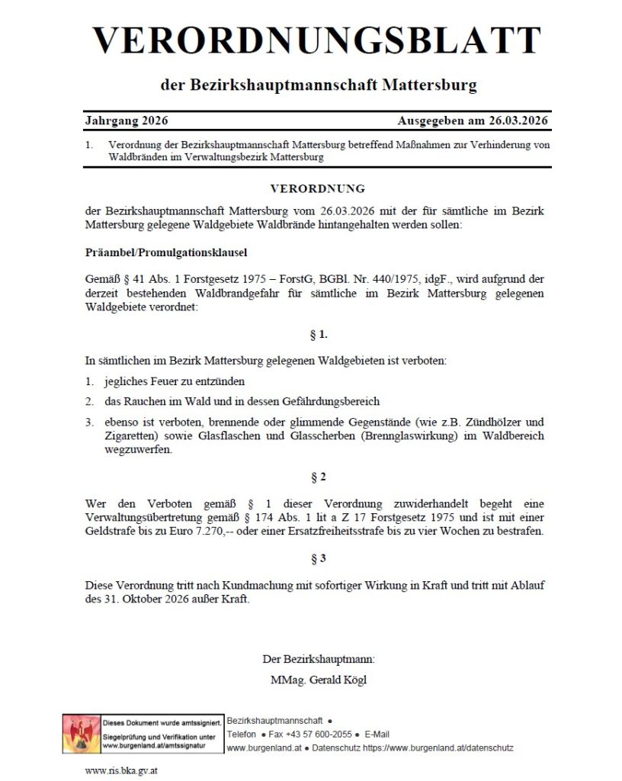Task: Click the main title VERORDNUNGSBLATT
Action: coord(317,40)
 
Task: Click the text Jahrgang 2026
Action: coord(127,121)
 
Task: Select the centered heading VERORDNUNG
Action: coord(318,188)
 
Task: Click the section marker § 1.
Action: coord(318,333)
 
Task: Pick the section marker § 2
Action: coord(318,477)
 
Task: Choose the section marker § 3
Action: coord(318,558)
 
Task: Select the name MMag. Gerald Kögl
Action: coord(318,680)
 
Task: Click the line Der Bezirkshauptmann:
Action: coord(318,658)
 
